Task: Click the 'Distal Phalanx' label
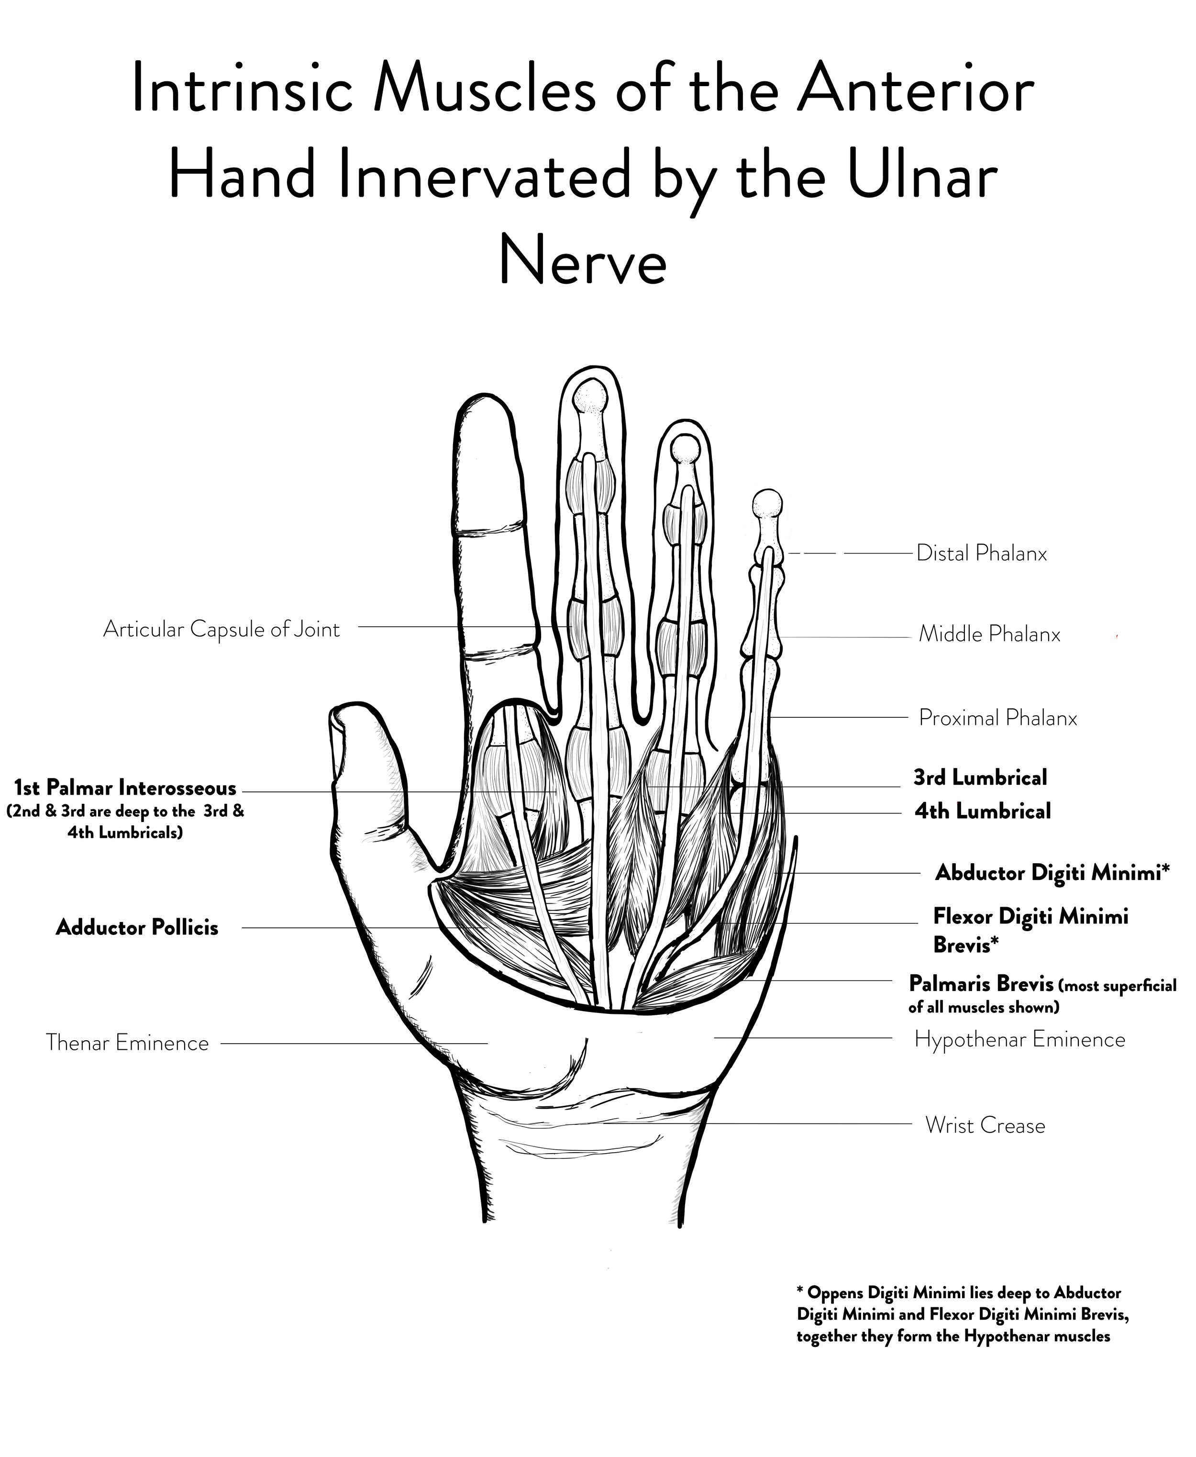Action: coord(981,553)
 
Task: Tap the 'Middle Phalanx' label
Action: coord(989,634)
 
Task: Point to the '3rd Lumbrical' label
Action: coord(980,778)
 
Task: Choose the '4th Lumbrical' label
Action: coord(983,811)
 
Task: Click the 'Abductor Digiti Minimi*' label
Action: coord(1052,873)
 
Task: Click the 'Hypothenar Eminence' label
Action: coord(1019,1040)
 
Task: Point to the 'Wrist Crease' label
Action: coord(985,1125)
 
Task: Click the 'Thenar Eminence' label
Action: coord(127,1043)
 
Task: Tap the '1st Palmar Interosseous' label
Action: coord(125,788)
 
